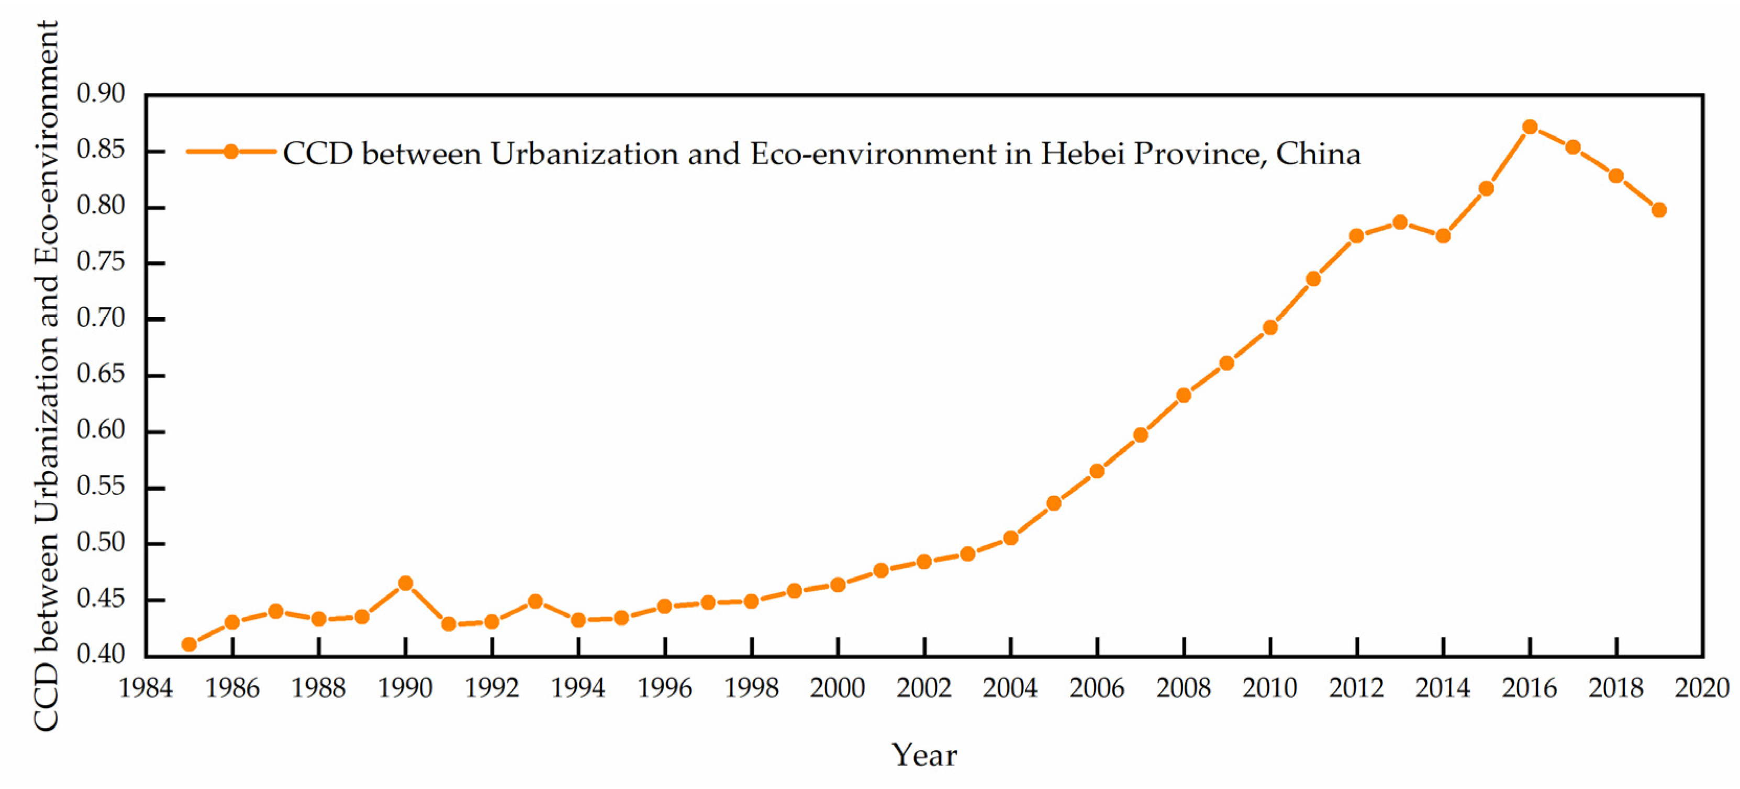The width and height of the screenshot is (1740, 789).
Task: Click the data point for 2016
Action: coord(1530,127)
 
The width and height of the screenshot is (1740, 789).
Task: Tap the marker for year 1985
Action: coord(189,645)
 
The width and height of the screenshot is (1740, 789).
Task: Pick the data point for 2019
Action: coord(1659,210)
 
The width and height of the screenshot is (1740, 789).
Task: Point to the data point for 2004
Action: coord(1010,538)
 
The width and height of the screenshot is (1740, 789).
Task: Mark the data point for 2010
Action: coord(1270,328)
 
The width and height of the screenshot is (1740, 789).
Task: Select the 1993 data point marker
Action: coord(535,601)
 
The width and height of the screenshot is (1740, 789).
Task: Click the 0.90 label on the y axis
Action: coord(101,93)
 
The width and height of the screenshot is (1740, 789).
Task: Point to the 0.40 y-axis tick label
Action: coord(101,654)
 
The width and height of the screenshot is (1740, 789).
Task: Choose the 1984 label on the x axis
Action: coord(146,689)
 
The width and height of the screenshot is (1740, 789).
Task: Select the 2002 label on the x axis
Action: coord(924,689)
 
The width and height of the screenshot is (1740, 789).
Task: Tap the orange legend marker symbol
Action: coord(231,152)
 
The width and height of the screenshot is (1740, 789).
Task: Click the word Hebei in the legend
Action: coord(1081,154)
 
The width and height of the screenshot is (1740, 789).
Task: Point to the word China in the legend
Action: coord(1318,154)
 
